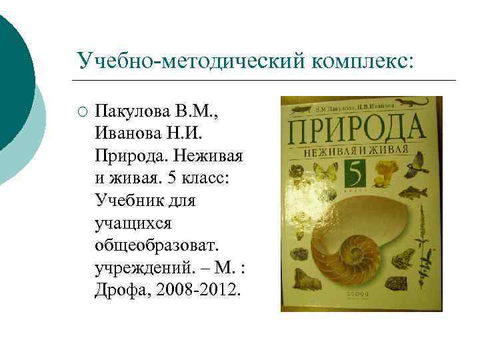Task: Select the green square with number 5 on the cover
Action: click(x=359, y=176)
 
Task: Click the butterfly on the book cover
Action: click(x=325, y=172)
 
